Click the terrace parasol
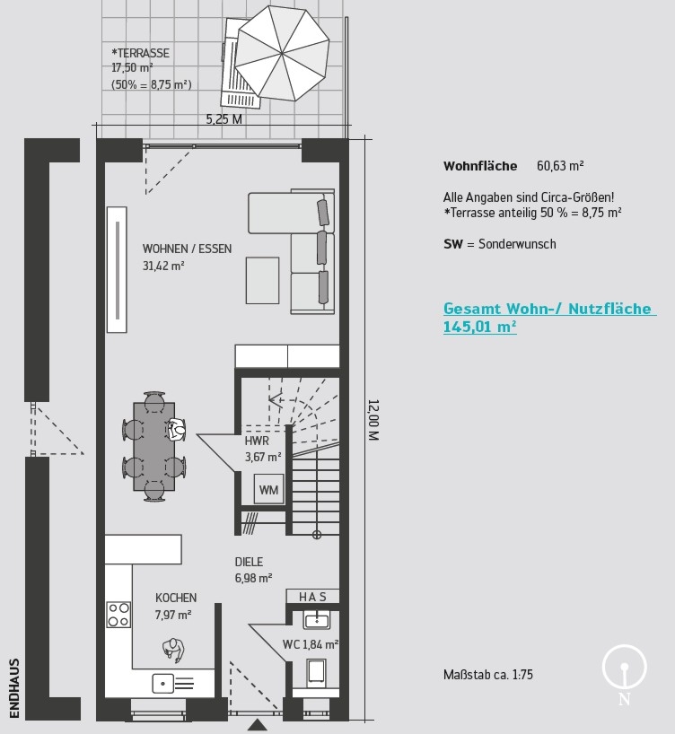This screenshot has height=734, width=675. pos(282,53)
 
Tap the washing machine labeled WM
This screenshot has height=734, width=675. pos(269,489)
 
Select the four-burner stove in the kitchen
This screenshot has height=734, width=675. pos(118,615)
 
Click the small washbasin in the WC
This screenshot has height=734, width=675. pos(317,620)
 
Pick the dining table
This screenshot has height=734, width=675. pos(154,447)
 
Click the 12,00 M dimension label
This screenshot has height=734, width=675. pos(373,420)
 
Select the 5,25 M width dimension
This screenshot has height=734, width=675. pos(224,119)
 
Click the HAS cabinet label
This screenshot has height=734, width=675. pos(312,597)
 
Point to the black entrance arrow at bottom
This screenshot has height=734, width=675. pos(257,725)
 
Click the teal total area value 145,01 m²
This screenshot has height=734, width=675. pos(479,327)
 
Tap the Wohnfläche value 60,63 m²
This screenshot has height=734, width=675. pos(560,166)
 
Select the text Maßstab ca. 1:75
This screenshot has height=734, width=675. pos(488,675)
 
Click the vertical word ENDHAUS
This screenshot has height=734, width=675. pos(14,688)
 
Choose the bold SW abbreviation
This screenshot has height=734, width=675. pos(453,244)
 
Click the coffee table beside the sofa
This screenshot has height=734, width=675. pos(262,280)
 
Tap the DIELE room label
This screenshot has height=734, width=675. pos(249,562)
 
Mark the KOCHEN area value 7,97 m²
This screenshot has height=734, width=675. pos(173,615)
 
